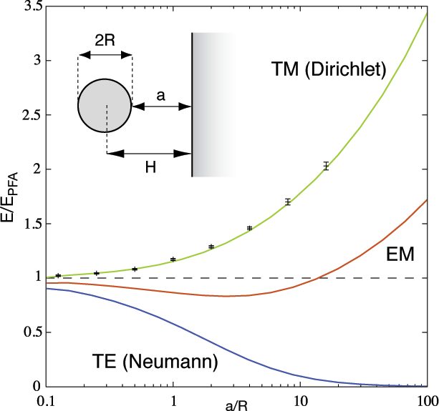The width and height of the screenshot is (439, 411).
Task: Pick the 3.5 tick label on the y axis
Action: (x=29, y=6)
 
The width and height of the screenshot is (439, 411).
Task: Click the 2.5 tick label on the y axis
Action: (x=29, y=115)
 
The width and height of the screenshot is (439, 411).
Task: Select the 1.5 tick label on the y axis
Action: (x=29, y=224)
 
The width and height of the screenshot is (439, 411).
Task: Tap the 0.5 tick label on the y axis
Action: (x=29, y=332)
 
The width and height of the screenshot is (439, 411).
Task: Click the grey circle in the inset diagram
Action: (x=105, y=106)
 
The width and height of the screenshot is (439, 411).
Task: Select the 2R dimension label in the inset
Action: (x=105, y=41)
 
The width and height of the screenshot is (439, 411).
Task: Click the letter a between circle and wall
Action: (x=160, y=94)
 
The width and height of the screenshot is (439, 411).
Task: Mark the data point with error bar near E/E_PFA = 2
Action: (x=326, y=166)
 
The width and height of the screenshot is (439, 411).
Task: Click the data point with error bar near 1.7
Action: (x=288, y=202)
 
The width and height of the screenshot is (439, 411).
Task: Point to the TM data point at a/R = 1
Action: (x=173, y=259)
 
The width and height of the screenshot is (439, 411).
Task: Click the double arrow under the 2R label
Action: (x=105, y=54)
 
